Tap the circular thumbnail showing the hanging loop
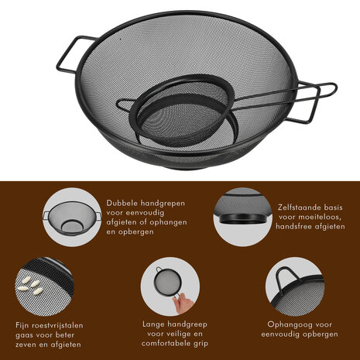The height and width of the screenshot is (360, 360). coord(293,286)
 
